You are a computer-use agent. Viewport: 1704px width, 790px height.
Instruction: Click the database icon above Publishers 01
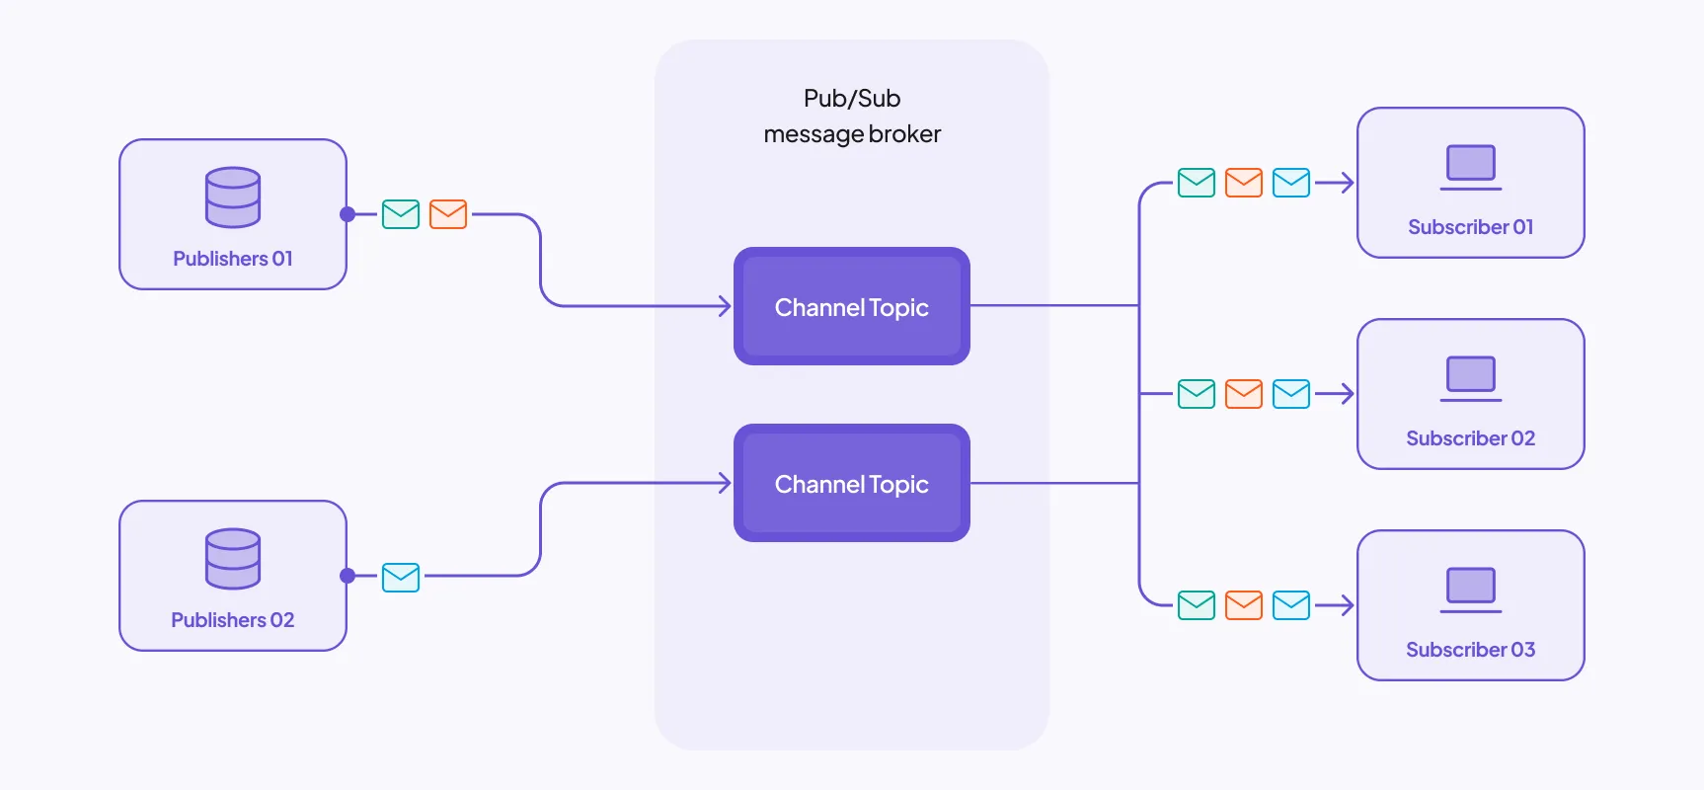point(233,197)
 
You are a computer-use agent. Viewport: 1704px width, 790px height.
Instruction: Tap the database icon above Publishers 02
point(233,558)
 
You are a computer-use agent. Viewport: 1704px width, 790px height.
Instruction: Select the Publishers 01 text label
point(233,259)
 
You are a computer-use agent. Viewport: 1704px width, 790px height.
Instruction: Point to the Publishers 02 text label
point(233,620)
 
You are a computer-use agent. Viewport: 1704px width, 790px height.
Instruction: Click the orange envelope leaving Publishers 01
point(448,214)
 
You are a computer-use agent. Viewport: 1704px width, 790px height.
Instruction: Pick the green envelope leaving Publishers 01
point(401,214)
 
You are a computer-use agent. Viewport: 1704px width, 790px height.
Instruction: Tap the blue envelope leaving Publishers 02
point(401,577)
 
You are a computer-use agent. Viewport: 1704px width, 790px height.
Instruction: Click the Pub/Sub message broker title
point(852,117)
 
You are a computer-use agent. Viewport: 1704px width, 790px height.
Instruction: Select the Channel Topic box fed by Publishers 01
point(852,306)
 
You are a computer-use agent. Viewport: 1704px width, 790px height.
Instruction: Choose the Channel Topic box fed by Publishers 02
point(852,483)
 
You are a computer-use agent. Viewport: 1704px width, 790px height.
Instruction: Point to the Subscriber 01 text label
point(1471,227)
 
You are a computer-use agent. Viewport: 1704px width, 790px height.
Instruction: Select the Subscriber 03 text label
point(1471,650)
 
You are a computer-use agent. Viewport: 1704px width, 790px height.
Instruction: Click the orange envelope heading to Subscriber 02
point(1244,394)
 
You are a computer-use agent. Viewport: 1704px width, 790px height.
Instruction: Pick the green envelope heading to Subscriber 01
point(1197,183)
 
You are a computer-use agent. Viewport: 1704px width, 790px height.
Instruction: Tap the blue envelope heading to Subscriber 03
point(1291,605)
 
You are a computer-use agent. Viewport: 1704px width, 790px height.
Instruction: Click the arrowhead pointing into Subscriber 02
point(1346,394)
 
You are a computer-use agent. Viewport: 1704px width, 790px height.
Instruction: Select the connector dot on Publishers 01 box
point(348,214)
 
